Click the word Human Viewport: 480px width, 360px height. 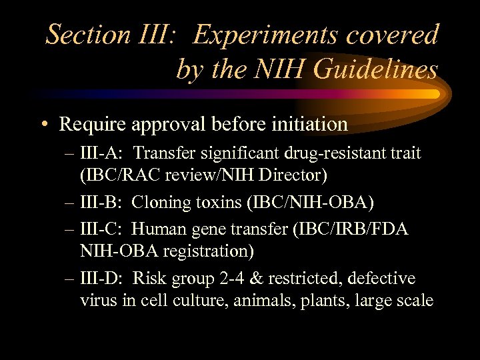pos(155,229)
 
